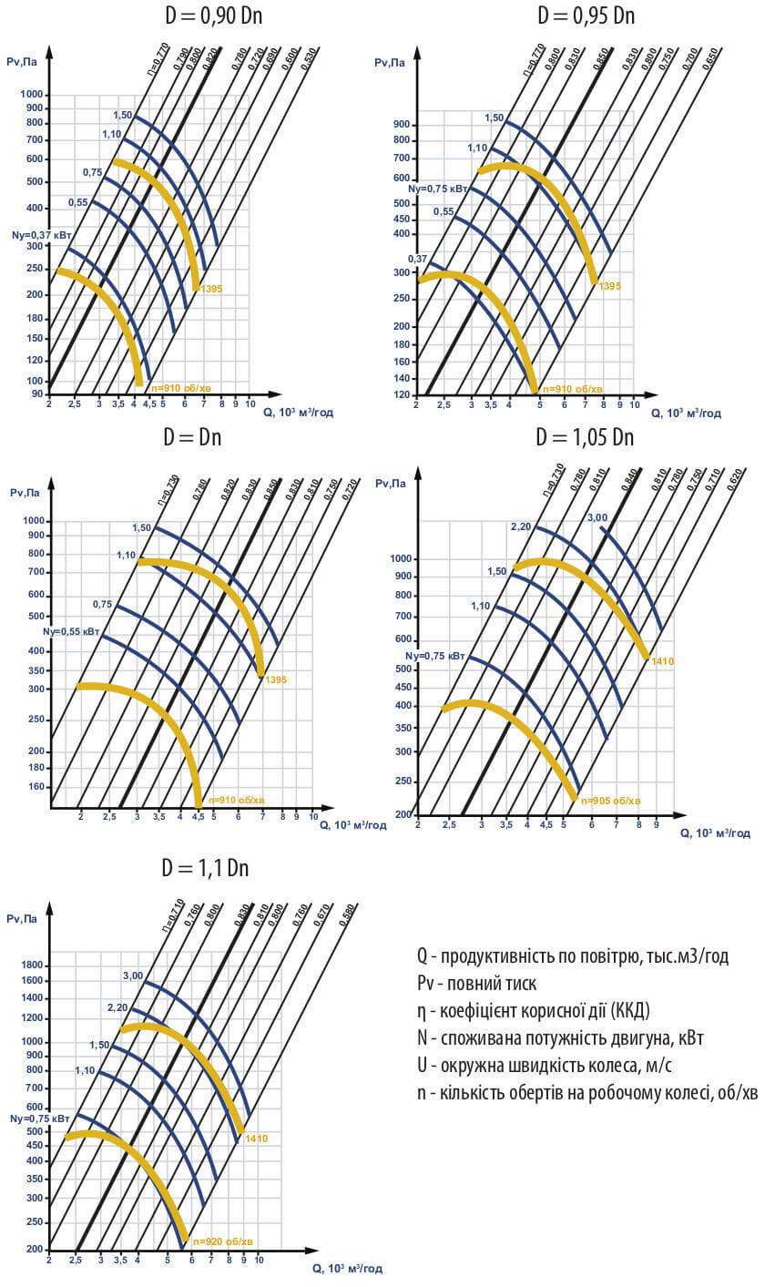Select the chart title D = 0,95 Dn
586,16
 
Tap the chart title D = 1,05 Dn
585,437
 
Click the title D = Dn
192,437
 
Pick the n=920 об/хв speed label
222,1241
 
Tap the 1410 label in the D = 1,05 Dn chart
662,661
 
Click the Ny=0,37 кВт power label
34,234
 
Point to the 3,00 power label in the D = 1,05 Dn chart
597,518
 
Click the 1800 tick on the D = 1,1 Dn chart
32,965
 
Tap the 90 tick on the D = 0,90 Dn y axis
36,393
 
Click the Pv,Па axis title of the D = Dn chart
25,493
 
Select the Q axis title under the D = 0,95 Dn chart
685,413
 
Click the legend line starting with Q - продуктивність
573,956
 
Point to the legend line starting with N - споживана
560,1038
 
